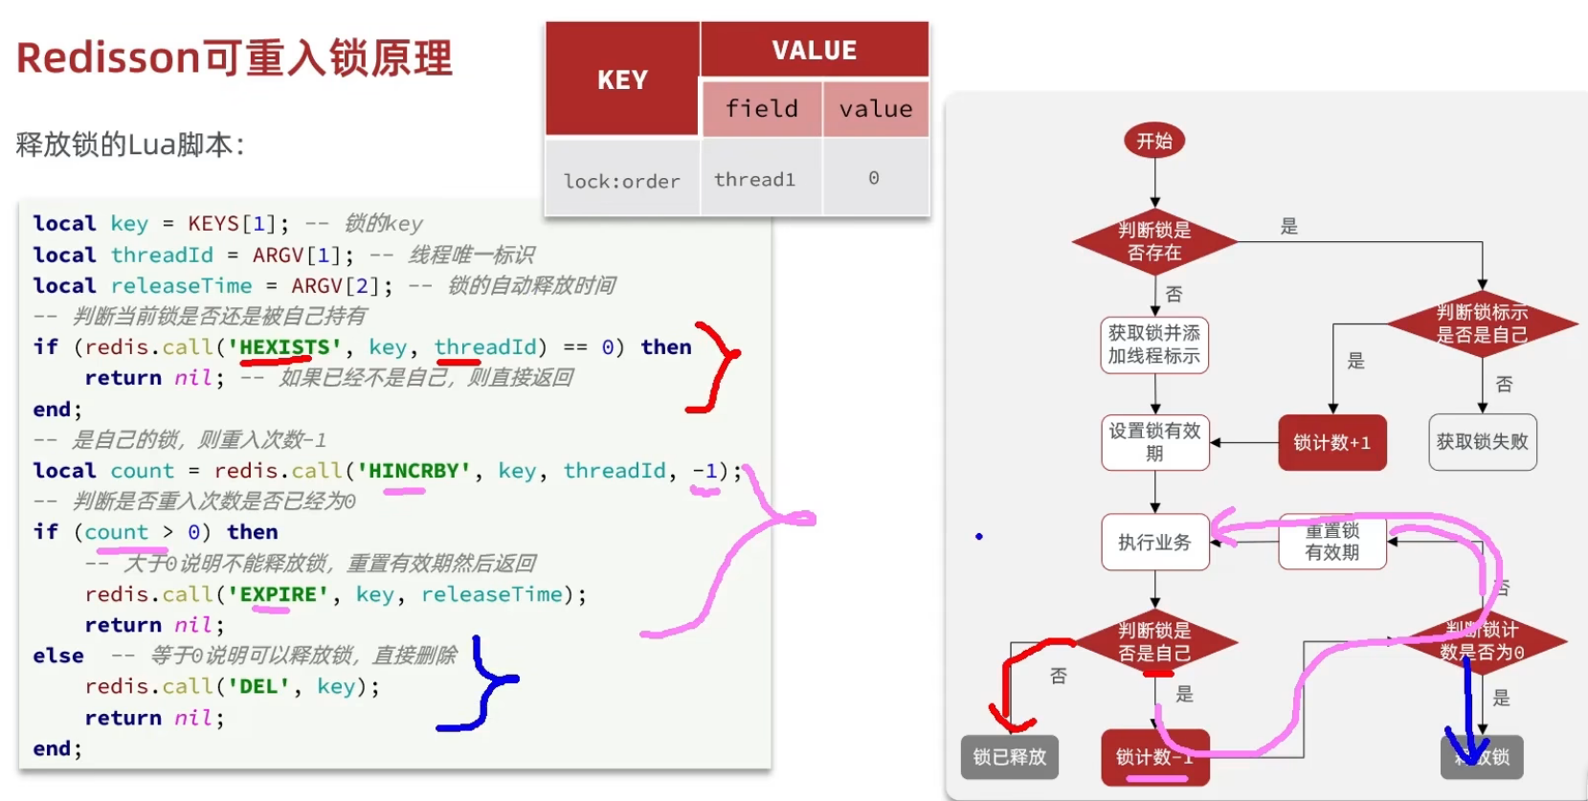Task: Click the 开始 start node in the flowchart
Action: (x=1154, y=142)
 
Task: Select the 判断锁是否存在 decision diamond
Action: (x=1154, y=241)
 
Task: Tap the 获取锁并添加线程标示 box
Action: (x=1154, y=345)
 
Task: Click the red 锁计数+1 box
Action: (x=1331, y=442)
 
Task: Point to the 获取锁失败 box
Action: (x=1482, y=442)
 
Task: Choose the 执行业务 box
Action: (x=1154, y=543)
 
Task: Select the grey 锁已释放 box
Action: (x=1010, y=757)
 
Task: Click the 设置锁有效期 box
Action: (x=1154, y=442)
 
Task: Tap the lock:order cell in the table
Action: (x=622, y=181)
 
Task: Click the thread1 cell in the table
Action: (x=755, y=179)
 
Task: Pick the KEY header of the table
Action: (x=622, y=80)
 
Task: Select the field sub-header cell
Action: (x=762, y=108)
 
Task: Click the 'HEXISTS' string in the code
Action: (x=284, y=346)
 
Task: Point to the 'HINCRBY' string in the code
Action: (x=414, y=471)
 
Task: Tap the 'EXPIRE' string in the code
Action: (x=278, y=594)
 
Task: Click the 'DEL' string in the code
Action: (x=258, y=686)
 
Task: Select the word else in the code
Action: (x=58, y=656)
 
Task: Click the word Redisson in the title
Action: (x=107, y=58)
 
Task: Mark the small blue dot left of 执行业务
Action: (x=979, y=537)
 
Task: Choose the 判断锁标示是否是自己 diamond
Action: (x=1482, y=323)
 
